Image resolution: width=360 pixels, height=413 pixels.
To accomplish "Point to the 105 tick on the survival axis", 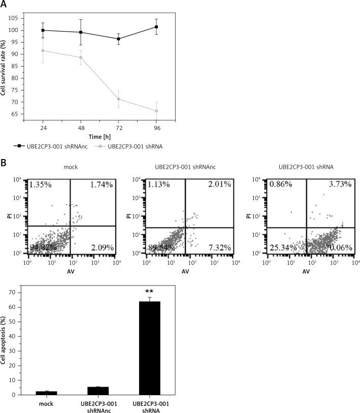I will [26, 18].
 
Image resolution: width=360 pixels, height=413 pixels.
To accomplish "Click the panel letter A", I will [5, 5].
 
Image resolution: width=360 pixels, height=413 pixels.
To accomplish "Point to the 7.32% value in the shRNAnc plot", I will [220, 247].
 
